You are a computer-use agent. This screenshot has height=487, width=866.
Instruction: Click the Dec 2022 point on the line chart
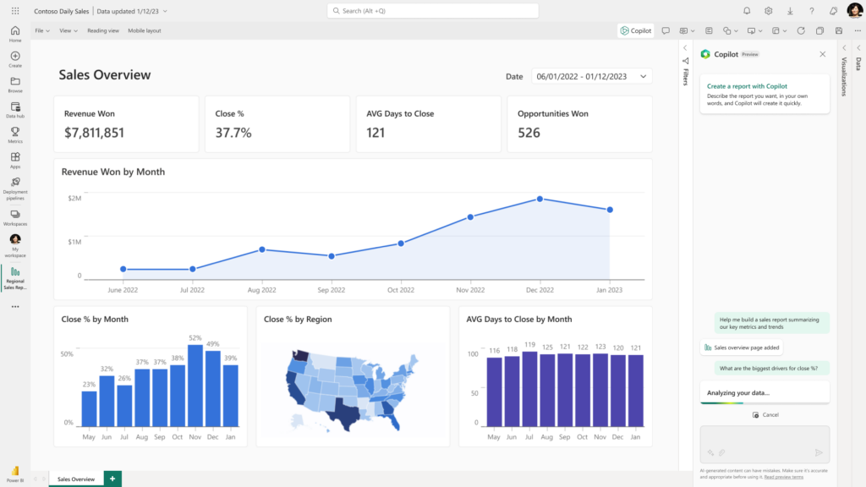pyautogui.click(x=540, y=200)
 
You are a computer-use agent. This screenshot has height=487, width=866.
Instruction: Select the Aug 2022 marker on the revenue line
pyautogui.click(x=262, y=249)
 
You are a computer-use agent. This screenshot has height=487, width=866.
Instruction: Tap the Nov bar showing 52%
pyautogui.click(x=195, y=386)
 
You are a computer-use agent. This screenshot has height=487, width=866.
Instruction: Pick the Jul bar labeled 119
pyautogui.click(x=529, y=389)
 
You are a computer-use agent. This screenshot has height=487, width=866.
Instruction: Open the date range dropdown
pyautogui.click(x=591, y=76)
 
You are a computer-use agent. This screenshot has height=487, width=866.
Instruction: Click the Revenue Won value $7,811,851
pyautogui.click(x=94, y=133)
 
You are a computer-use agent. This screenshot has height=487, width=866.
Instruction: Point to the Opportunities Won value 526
pyautogui.click(x=529, y=133)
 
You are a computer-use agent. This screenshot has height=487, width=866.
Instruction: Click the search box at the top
pyautogui.click(x=432, y=11)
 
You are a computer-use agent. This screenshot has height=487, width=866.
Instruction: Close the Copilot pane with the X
pyautogui.click(x=822, y=54)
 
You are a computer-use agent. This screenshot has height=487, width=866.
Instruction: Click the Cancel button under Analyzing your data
pyautogui.click(x=765, y=415)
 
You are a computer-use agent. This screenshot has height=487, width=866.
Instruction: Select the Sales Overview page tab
pyautogui.click(x=75, y=479)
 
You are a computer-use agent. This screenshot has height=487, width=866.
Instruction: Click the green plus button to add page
pyautogui.click(x=112, y=479)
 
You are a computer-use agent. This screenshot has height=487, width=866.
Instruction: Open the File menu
pyautogui.click(x=41, y=30)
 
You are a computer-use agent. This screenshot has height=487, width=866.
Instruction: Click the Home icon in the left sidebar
pyautogui.click(x=15, y=34)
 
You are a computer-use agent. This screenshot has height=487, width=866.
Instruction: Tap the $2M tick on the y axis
pyautogui.click(x=74, y=198)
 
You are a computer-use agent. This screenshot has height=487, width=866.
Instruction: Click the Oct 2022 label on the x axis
pyautogui.click(x=401, y=290)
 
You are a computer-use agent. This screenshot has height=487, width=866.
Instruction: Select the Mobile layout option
pyautogui.click(x=144, y=30)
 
